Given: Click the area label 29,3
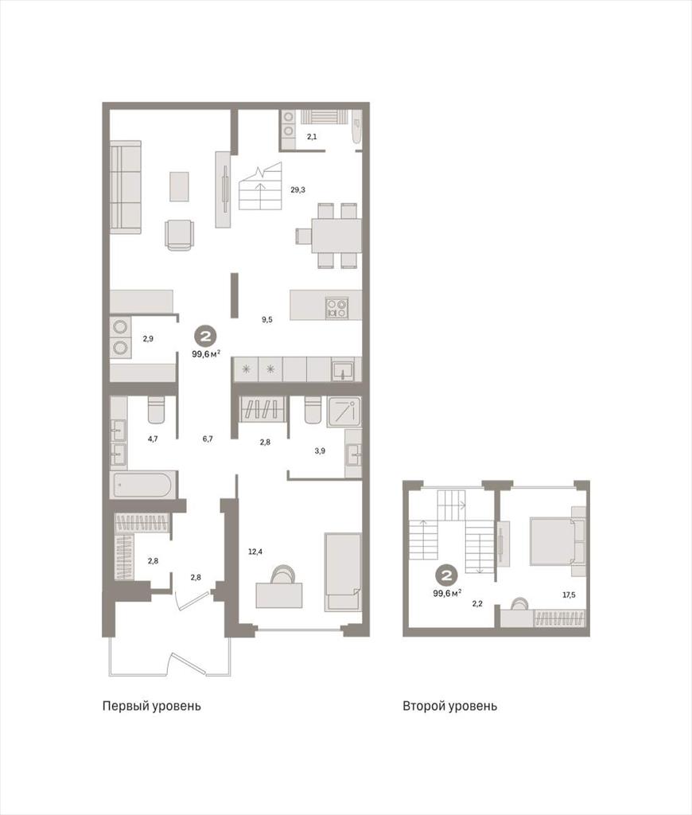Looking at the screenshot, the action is [297, 189].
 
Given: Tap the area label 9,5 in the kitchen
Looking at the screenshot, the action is [266, 320].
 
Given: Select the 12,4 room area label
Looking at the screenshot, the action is [255, 552].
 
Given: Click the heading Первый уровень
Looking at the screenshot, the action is [152, 707].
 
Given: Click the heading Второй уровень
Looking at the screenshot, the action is [450, 707].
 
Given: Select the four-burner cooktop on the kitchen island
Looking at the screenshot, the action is [336, 307].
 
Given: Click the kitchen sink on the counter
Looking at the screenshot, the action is [343, 369].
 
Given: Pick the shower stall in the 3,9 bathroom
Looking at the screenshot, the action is [344, 411].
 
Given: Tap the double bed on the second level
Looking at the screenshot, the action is [552, 540].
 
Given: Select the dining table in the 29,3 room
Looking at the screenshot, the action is [336, 236].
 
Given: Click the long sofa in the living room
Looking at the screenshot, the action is [125, 185].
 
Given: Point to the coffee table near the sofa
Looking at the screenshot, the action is [179, 186].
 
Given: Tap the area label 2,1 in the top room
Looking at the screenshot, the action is [312, 137].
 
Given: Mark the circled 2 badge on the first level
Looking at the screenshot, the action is [206, 337].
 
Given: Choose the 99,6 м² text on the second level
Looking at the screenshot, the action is [447, 593].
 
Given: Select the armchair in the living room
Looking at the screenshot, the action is [180, 235].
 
